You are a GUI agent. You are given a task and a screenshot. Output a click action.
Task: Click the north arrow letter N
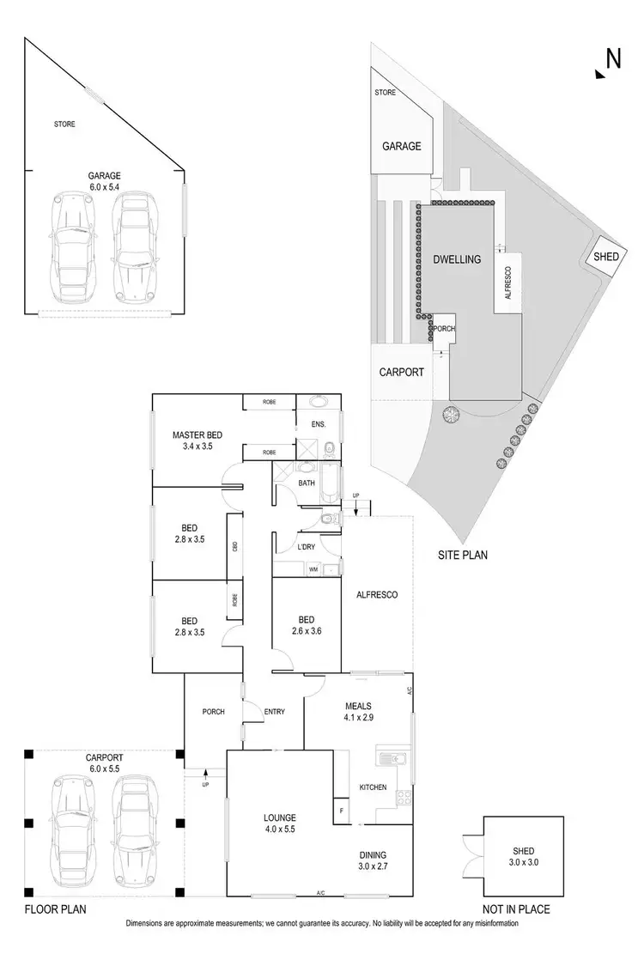pos(613,58)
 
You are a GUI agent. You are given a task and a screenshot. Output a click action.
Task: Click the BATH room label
pos(307,483)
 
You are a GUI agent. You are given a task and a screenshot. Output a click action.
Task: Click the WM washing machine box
pos(314,568)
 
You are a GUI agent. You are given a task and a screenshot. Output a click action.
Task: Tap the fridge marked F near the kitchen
pos(342,810)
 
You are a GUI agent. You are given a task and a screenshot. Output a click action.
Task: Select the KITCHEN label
pos(373,787)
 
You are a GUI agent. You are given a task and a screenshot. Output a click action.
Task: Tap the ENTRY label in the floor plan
pos(275,711)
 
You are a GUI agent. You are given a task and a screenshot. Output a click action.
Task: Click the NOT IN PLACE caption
pos(516,909)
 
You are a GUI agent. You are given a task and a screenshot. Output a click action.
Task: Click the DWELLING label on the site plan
pos(456,258)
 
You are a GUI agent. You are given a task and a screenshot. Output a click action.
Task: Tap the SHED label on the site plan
pos(605,257)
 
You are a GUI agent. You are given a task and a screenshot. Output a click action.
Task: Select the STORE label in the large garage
pos(64,125)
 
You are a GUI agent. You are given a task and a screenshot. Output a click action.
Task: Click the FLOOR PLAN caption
pos(55,908)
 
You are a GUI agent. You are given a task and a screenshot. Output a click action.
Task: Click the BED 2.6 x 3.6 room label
pos(306,625)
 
